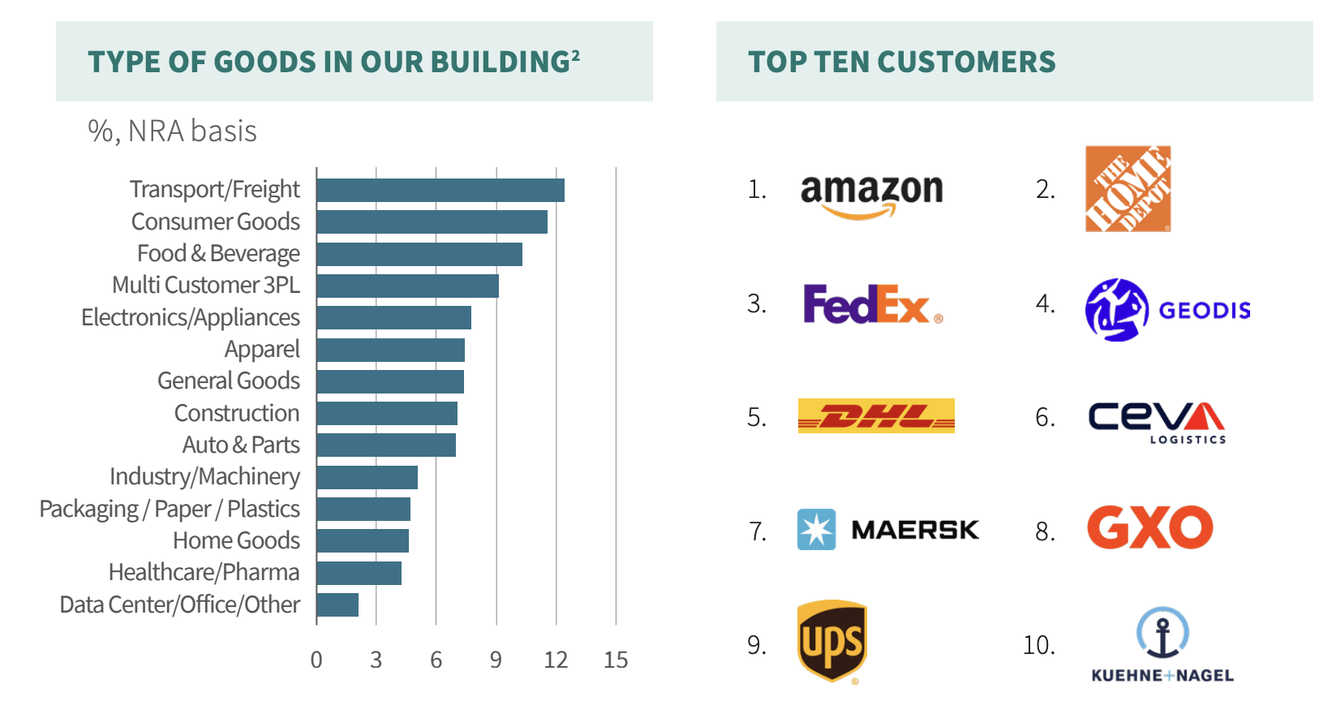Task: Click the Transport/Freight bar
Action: tap(440, 190)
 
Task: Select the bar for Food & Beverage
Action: tap(419, 254)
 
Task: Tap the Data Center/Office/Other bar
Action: tap(337, 604)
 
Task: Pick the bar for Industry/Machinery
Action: tap(367, 477)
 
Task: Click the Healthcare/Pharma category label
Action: tap(204, 572)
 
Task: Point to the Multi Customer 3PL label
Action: tap(206, 285)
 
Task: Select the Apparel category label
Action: tap(262, 349)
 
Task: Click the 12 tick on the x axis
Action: tap(556, 660)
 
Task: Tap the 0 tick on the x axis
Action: tap(316, 660)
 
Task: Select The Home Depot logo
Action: tap(1128, 189)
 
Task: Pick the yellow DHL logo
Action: tap(876, 415)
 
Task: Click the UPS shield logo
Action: tap(832, 641)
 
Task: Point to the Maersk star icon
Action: tap(816, 530)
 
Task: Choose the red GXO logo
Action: tap(1149, 527)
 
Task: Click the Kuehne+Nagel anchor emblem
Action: tap(1162, 633)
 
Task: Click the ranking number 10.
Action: tap(1038, 645)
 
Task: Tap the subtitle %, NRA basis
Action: tap(172, 131)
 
